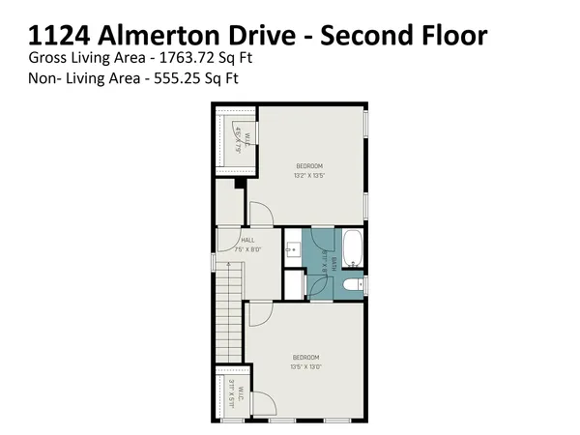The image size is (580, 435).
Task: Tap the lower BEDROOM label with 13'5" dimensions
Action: pyautogui.click(x=305, y=358)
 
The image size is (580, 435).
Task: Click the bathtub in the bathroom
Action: pyautogui.click(x=353, y=248)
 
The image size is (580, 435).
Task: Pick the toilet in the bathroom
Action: pyautogui.click(x=354, y=285)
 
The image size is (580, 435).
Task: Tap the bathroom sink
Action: pyautogui.click(x=294, y=250)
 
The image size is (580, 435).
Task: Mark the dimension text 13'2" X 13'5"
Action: pyautogui.click(x=309, y=176)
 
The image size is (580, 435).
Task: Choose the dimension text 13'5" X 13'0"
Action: pyautogui.click(x=305, y=366)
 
